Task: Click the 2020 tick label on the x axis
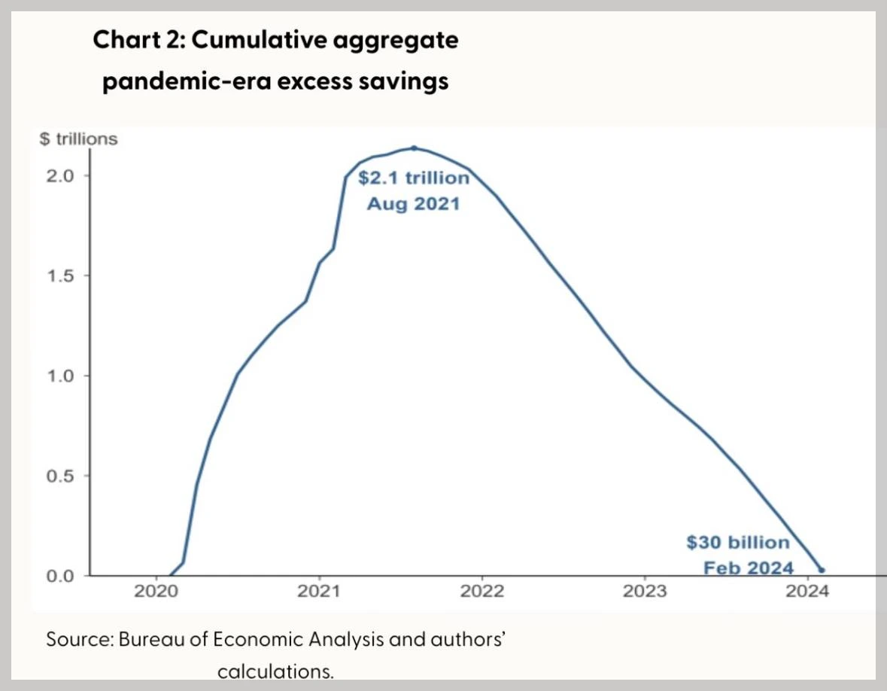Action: click(156, 591)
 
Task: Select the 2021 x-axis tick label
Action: click(319, 591)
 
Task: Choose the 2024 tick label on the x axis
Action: click(807, 591)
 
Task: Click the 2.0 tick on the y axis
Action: click(60, 175)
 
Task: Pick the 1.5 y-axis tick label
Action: click(60, 275)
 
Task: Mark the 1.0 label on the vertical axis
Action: click(60, 376)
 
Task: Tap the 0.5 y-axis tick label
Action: click(60, 476)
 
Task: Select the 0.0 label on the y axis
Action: click(60, 576)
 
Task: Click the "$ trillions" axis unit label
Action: click(78, 139)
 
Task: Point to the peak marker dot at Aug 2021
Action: click(414, 148)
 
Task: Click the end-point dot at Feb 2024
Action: click(822, 571)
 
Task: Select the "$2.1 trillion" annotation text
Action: click(413, 179)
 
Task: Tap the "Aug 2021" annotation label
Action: click(412, 203)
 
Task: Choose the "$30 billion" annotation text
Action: click(738, 543)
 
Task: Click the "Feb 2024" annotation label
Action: click(749, 567)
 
